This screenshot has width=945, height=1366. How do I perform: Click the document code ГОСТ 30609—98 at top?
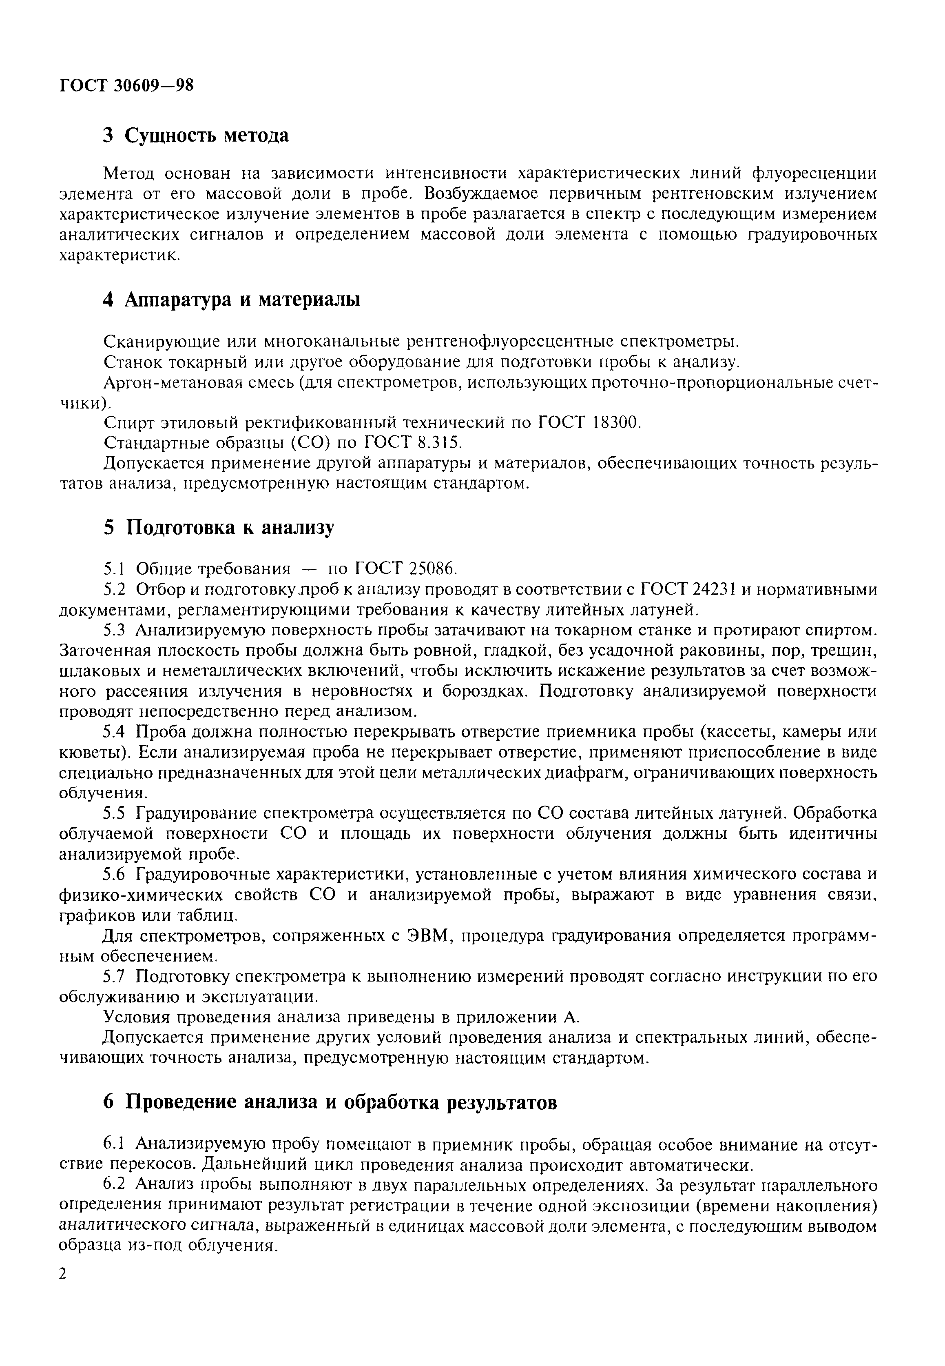(x=127, y=87)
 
